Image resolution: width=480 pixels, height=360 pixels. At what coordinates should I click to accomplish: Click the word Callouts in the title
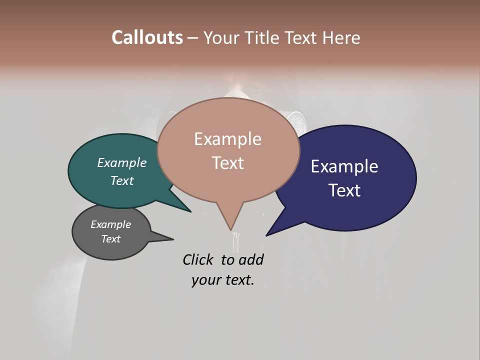point(147,37)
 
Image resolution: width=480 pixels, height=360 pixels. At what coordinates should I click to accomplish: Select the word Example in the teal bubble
point(122,162)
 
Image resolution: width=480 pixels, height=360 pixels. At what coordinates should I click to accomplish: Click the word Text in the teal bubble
point(122,180)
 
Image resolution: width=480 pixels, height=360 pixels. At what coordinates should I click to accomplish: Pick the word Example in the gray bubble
point(110,224)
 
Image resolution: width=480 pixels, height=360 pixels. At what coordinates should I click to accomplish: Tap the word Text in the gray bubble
point(110,239)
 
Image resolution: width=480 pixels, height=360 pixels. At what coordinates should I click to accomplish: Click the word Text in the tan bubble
point(228,162)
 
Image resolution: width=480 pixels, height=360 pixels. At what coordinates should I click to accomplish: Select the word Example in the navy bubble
point(344,166)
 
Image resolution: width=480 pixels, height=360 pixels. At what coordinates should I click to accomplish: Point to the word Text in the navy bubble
point(344,190)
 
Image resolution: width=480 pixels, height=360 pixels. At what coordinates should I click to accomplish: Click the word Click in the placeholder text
point(198,259)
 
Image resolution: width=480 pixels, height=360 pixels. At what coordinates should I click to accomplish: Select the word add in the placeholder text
point(251,259)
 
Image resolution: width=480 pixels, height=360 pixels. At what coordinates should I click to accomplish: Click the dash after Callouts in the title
point(193,38)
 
